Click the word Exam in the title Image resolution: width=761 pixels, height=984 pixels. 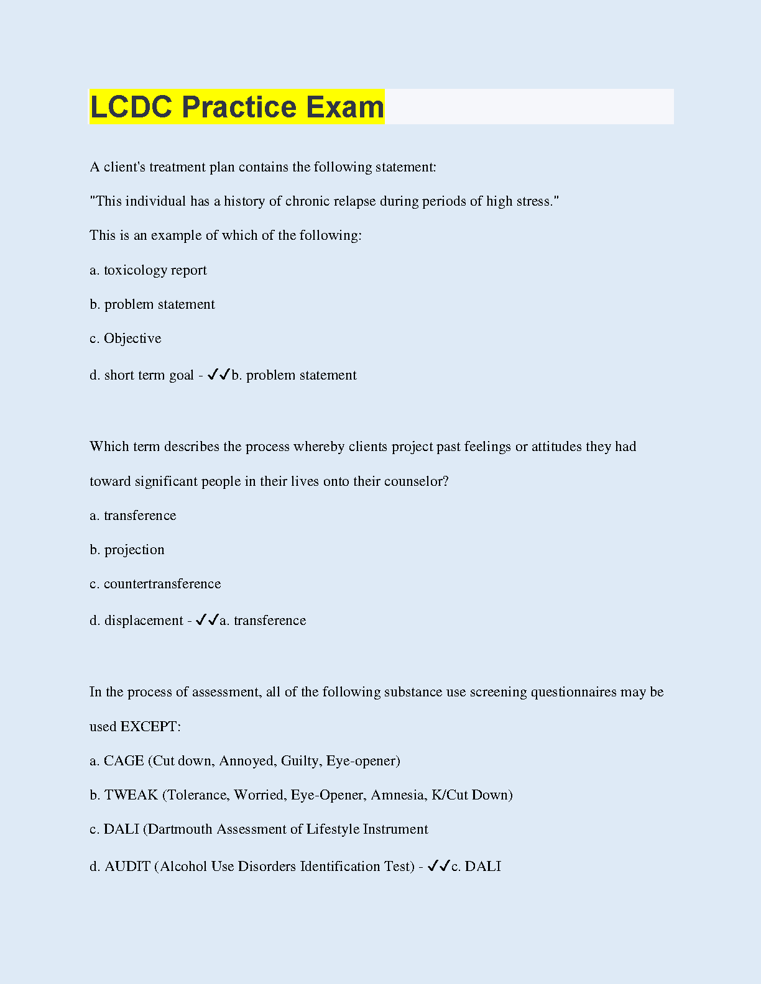coord(345,107)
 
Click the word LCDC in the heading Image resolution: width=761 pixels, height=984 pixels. coord(131,107)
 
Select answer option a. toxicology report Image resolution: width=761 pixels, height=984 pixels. coord(148,270)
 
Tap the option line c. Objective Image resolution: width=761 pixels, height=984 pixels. coord(126,339)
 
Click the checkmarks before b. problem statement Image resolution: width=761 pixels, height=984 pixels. coord(219,375)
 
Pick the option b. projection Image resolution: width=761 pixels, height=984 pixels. coord(127,550)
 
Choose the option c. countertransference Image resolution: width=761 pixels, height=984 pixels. coord(155,584)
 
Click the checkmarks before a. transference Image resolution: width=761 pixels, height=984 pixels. coord(207,620)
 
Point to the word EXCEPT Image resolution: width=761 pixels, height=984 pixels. coord(149,727)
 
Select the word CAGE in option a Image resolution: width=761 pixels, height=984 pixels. coord(124,761)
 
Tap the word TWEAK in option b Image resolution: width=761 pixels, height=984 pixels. coord(131,795)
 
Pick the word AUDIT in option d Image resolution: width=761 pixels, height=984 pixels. coord(127,867)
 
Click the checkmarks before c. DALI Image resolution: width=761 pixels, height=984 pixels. coord(439,866)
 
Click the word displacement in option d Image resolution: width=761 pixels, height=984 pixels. coord(144,621)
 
